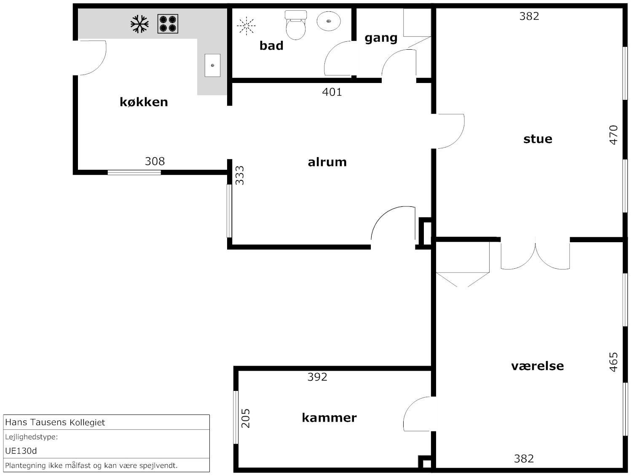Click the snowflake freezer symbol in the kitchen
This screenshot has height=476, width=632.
coord(139,24)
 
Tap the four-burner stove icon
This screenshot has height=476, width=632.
coord(168,24)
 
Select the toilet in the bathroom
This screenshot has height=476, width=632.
coord(296,25)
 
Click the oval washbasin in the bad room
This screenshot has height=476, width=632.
coord(329,21)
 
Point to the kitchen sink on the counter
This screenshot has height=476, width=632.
coord(212,65)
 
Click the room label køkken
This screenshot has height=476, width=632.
coord(144,102)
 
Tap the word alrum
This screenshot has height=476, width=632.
coord(327,162)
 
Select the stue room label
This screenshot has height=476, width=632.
coord(538,139)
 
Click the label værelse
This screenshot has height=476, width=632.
coord(537,366)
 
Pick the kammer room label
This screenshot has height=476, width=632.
coord(329,417)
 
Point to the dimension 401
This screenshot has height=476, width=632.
coord(332,92)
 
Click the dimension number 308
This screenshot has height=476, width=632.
coord(155,161)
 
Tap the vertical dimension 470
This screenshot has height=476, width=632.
coord(613,135)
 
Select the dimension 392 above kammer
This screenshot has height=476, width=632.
coord(317,377)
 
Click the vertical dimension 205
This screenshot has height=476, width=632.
coord(245,418)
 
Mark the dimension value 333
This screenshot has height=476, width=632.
coord(240,175)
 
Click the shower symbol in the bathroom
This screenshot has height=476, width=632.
coord(246,26)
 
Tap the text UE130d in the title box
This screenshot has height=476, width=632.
coord(21,451)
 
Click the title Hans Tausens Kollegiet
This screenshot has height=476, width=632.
coord(55,423)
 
